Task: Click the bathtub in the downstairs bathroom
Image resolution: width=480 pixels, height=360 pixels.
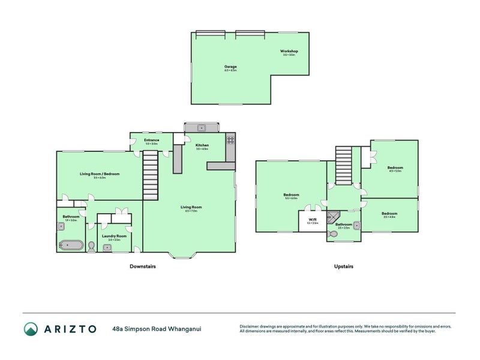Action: [x=71, y=245]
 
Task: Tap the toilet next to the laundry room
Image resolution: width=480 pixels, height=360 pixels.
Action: [x=91, y=246]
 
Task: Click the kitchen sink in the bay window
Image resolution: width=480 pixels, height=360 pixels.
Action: [x=202, y=127]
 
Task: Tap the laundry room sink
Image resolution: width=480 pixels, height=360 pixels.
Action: [x=106, y=247]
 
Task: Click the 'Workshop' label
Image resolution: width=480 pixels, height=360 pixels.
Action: [x=289, y=51]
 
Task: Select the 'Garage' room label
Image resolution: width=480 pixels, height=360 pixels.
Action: [x=230, y=67]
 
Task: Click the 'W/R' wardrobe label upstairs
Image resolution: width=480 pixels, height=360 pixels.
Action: [x=312, y=220]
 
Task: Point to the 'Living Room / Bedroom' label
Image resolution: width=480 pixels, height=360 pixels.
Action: [x=100, y=174]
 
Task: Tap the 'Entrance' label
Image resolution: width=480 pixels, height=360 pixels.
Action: [x=151, y=140]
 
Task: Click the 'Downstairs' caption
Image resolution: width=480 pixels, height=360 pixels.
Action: [x=143, y=266]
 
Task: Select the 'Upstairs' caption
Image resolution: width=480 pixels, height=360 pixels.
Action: [x=344, y=266]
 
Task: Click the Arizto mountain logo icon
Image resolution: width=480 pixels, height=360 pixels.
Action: [x=31, y=328]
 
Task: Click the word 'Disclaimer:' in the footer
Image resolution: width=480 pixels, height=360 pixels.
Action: [x=251, y=326]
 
